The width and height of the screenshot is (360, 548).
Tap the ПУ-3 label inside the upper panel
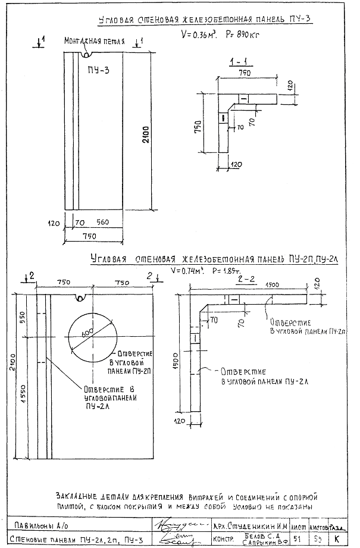89,71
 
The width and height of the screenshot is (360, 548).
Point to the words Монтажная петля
95,42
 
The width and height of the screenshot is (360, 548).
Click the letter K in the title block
337,539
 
